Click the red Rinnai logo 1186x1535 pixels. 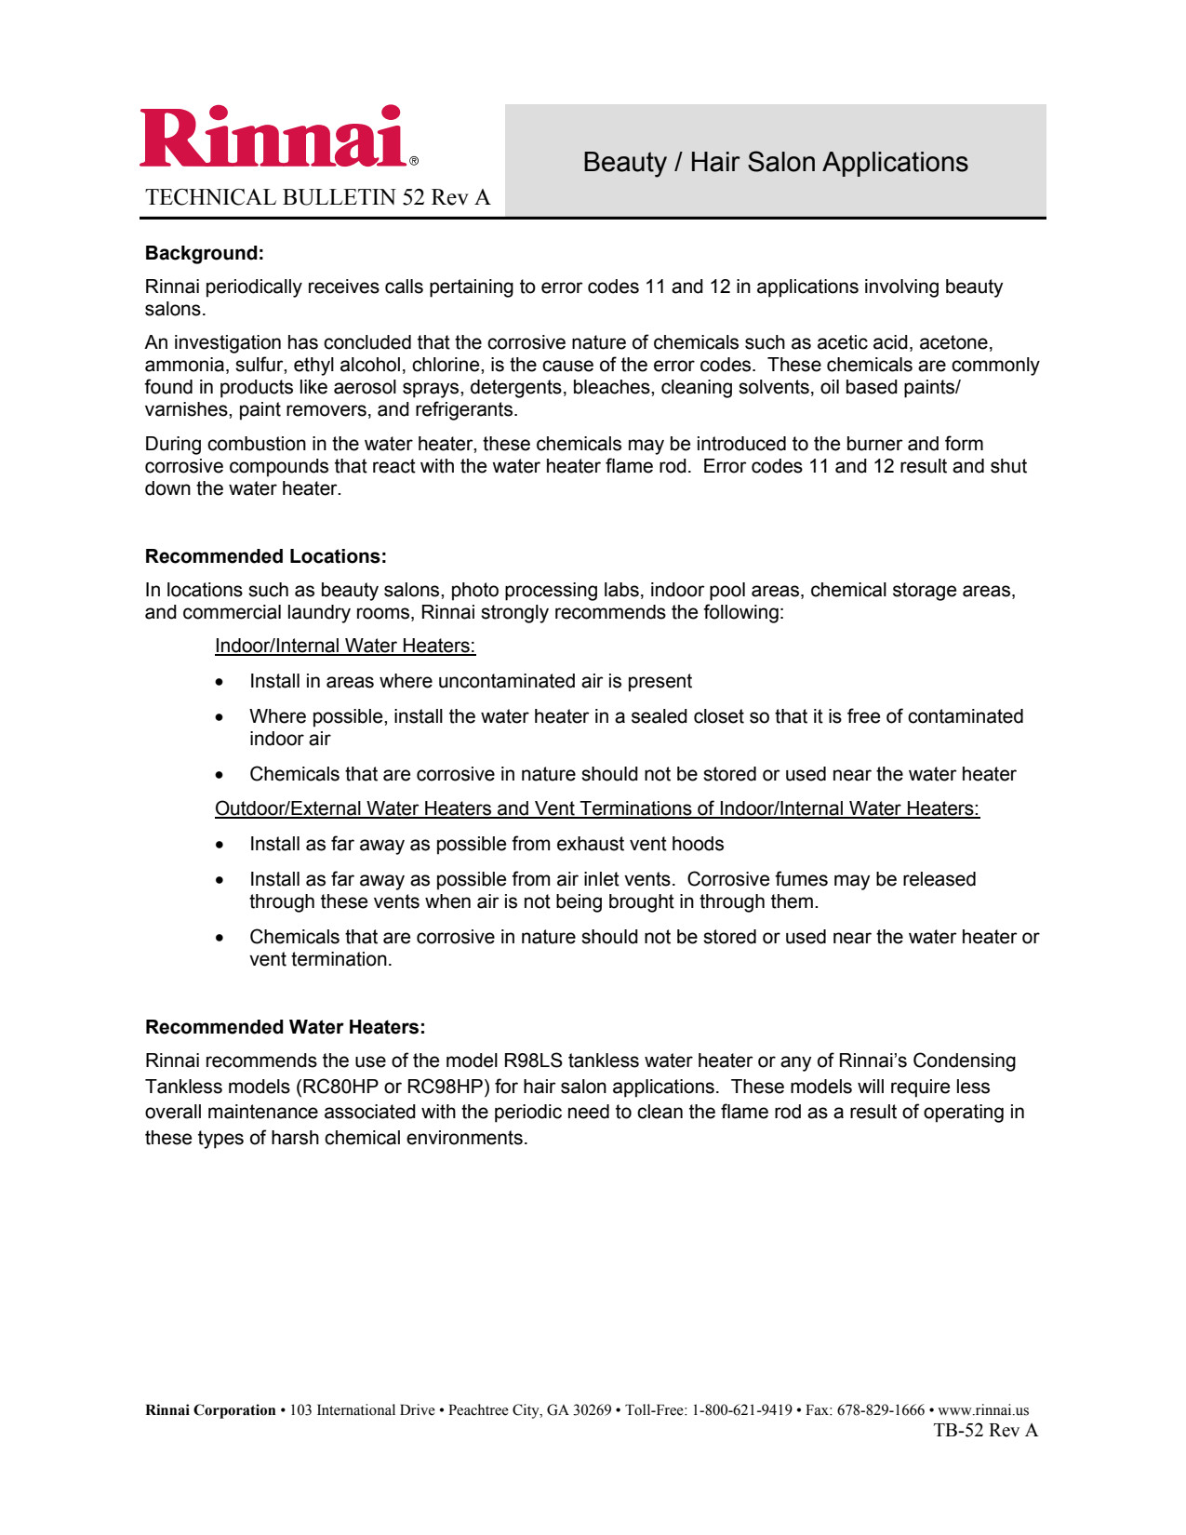tap(275, 138)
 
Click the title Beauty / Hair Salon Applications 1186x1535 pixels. tap(775, 162)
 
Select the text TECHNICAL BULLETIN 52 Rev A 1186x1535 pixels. tap(317, 197)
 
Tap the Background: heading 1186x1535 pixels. tap(205, 253)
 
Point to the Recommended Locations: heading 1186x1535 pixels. tap(265, 556)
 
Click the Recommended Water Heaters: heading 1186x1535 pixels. tap(285, 1027)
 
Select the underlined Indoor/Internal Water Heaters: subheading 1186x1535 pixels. tap(345, 646)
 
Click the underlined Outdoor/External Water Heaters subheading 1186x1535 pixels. tap(596, 808)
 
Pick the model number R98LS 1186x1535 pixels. tap(533, 1061)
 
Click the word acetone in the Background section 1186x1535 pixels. tap(955, 342)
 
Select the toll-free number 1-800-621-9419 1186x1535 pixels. tap(741, 1410)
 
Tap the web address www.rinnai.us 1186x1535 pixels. tap(983, 1410)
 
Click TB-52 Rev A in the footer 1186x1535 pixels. tap(985, 1431)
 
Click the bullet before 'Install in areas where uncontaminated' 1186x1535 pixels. tap(220, 682)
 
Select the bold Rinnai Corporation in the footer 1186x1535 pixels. tap(210, 1410)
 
